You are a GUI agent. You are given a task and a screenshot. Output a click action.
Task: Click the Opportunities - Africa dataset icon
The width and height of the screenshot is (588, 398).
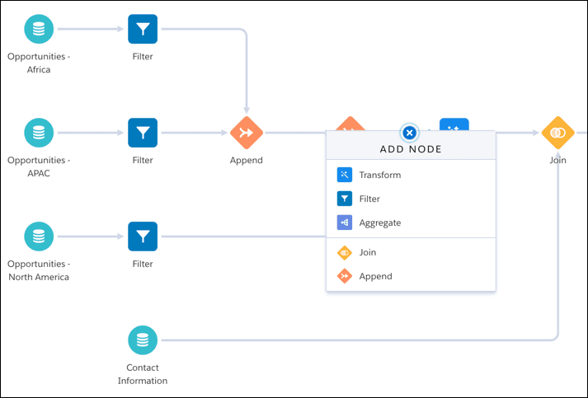[x=39, y=30]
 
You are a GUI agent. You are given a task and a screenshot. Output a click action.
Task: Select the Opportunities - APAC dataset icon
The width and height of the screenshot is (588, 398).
[x=39, y=133]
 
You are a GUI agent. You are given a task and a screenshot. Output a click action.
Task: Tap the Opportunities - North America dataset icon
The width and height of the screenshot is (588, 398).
[x=39, y=236]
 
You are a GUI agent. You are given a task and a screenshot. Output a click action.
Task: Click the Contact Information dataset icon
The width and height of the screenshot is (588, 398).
[x=143, y=339]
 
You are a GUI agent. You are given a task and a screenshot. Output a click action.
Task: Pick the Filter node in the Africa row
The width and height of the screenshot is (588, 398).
[x=143, y=30]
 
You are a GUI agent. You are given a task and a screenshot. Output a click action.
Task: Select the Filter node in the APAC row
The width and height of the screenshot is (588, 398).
[x=143, y=133]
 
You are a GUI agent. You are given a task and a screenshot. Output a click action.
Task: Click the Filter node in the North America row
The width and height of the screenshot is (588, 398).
[x=143, y=236]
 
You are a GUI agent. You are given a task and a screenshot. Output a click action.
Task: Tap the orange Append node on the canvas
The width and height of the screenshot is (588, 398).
[x=246, y=133]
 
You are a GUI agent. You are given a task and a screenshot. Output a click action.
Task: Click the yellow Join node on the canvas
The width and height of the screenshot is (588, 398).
[x=558, y=133]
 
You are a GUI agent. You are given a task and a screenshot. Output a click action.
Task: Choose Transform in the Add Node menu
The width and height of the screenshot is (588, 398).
[x=379, y=175]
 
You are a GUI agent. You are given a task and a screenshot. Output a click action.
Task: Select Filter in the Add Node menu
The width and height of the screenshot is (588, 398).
[x=369, y=199]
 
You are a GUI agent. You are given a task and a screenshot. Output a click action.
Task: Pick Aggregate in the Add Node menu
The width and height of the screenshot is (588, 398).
[x=379, y=222]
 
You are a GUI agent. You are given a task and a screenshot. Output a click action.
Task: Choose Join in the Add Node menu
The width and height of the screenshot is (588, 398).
[x=367, y=252]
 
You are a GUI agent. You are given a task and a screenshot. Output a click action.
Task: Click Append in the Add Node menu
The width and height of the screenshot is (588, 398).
[x=375, y=276]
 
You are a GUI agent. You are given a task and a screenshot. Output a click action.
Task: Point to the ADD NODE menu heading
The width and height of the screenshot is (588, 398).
[x=411, y=149]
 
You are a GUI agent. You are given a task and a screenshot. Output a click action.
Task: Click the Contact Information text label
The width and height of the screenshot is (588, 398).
[x=143, y=374]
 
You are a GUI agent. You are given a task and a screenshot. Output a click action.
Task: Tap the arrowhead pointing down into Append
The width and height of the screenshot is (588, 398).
[x=246, y=110]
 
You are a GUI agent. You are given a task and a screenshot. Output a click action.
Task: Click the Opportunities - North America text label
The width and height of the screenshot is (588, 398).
[x=39, y=270]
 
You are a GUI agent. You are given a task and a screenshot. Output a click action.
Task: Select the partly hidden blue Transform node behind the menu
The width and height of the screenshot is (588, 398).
[x=454, y=124]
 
